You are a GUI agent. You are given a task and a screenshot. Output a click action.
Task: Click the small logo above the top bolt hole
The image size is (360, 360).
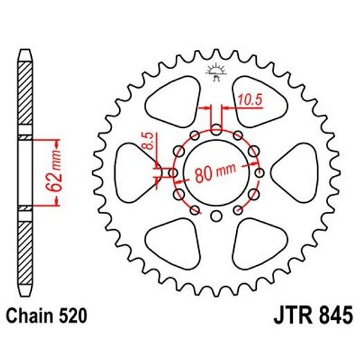[x=215, y=72]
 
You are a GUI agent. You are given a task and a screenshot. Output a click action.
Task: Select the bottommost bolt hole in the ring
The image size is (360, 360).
[x=216, y=217]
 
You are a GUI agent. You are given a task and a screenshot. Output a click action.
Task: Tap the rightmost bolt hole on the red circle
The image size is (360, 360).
[x=259, y=173]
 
